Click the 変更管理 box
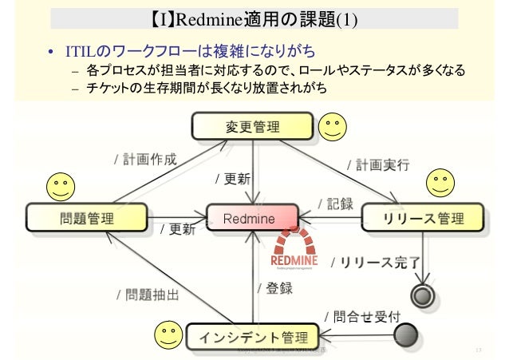[252, 126]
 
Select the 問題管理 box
[87, 216]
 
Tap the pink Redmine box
[251, 217]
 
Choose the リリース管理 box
[423, 217]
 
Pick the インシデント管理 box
[252, 334]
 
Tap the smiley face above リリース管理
[440, 183]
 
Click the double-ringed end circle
[420, 296]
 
